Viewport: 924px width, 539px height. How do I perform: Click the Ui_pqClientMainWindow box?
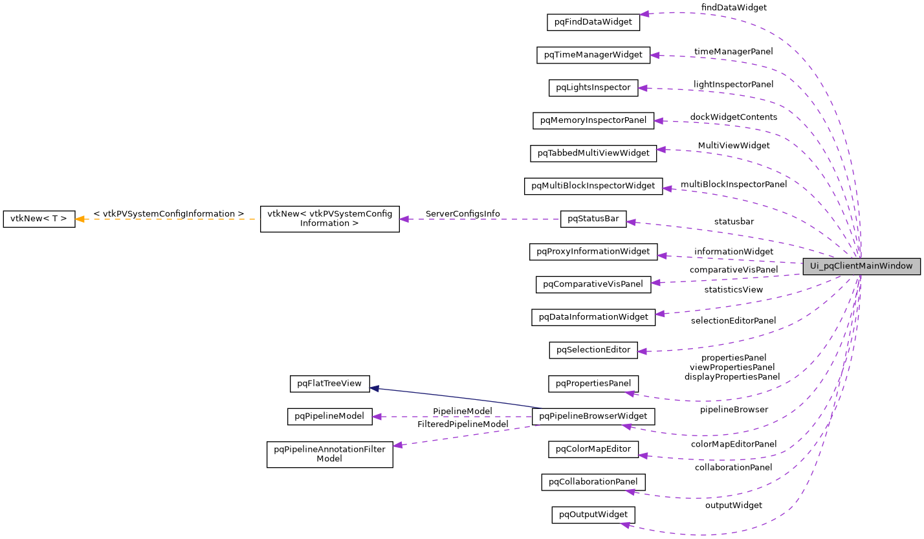pos(861,266)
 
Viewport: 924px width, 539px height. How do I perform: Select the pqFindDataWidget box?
pos(593,22)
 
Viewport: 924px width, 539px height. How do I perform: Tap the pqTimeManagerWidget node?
pos(593,55)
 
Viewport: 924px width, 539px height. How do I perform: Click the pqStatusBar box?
pos(593,219)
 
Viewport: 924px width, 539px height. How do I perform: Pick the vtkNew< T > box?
pos(39,219)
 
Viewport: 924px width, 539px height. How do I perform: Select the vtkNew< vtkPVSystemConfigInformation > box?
pos(329,219)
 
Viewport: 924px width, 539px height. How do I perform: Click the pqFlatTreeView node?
pos(329,384)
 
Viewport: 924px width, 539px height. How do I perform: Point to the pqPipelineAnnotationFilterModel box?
pos(329,454)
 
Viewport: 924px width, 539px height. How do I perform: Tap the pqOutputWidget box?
pos(593,515)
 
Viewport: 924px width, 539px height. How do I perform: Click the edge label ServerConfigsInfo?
pos(462,214)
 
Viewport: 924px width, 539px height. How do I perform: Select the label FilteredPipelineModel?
pos(463,424)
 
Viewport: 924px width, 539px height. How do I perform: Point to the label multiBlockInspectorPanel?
pos(734,184)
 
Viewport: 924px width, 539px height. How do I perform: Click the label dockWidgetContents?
pos(734,117)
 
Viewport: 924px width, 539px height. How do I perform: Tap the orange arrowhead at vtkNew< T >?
pos(80,219)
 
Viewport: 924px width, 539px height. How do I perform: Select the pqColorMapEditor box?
pos(593,449)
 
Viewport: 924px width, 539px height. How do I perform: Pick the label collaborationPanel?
pos(733,467)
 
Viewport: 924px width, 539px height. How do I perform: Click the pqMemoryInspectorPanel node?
pos(593,120)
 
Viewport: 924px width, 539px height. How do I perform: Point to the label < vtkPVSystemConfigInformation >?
pos(168,214)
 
